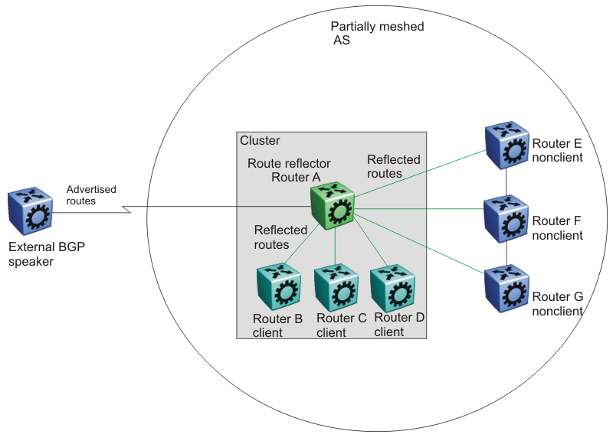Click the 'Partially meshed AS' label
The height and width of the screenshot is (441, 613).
click(377, 33)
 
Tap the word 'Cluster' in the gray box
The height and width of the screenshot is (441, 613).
click(261, 141)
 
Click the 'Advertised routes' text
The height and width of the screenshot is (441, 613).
click(81, 195)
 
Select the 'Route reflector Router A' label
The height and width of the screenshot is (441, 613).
click(289, 171)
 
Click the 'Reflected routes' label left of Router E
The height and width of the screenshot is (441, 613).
click(394, 166)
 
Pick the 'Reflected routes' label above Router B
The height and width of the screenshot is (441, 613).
click(280, 237)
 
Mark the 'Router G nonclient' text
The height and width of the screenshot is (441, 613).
click(558, 304)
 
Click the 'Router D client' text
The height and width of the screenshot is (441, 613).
click(398, 325)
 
